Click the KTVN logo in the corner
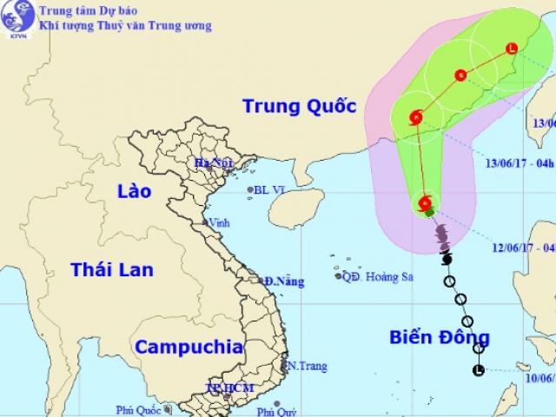coord(17,17)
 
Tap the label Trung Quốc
coord(299,107)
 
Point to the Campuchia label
coord(189,347)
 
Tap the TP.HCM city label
coord(227,387)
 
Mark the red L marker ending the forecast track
coord(511,48)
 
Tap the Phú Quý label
coord(301,406)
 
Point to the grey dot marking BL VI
coord(250,189)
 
